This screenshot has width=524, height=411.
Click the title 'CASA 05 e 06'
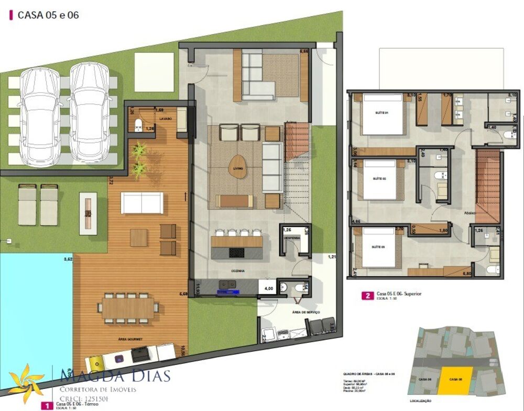point(48,15)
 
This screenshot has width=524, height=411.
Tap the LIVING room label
point(239,168)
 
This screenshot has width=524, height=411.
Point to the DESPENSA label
point(291,238)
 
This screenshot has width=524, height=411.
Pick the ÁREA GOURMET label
point(131,339)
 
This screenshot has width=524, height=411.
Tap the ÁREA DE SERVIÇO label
point(291,312)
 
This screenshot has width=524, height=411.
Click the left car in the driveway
point(40,112)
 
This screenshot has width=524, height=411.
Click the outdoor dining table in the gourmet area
point(128,308)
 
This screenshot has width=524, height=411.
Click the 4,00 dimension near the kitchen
point(267,288)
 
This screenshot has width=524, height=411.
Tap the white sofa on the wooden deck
point(142,202)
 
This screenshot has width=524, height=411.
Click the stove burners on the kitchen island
point(236,253)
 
